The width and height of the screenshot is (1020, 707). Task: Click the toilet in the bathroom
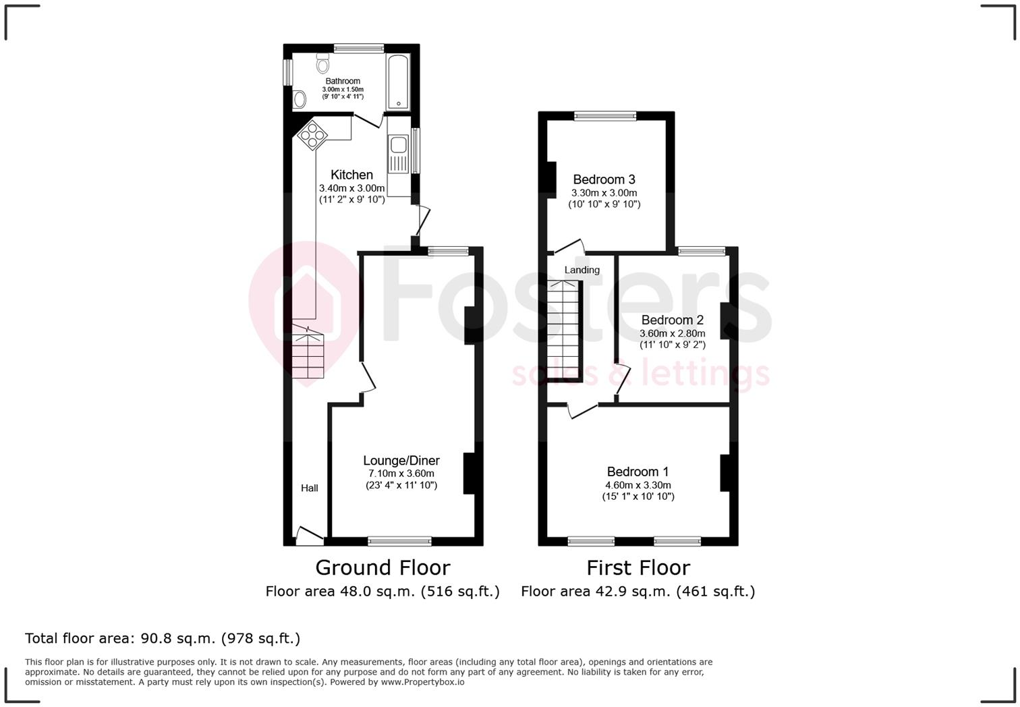coord(322,63)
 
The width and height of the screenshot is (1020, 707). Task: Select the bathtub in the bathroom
coord(399,82)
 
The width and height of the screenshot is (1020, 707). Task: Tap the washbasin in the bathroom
coord(300,99)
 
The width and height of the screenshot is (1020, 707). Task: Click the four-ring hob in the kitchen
coord(312,134)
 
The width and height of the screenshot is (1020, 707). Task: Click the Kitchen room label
coord(351,175)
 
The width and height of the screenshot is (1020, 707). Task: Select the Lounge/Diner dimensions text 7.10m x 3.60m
coord(401,474)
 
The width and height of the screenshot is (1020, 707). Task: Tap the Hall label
coord(310,488)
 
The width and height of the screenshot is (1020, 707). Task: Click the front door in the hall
coord(310,536)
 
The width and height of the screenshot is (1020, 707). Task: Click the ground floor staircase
coord(308,353)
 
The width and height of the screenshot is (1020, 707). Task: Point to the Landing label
coord(582,270)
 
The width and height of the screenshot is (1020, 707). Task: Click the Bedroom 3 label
coord(604,179)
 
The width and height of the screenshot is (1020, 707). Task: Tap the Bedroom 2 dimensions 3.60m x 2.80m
coord(672,333)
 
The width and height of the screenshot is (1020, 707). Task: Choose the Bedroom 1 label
coord(637,472)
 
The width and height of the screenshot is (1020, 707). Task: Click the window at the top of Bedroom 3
coord(604,116)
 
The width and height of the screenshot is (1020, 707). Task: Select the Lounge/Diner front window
coord(399,541)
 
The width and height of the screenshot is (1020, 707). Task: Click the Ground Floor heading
coord(382,568)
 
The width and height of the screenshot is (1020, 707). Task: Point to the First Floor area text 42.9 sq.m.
coord(637,592)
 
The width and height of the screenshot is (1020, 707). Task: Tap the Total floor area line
coord(163,638)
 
